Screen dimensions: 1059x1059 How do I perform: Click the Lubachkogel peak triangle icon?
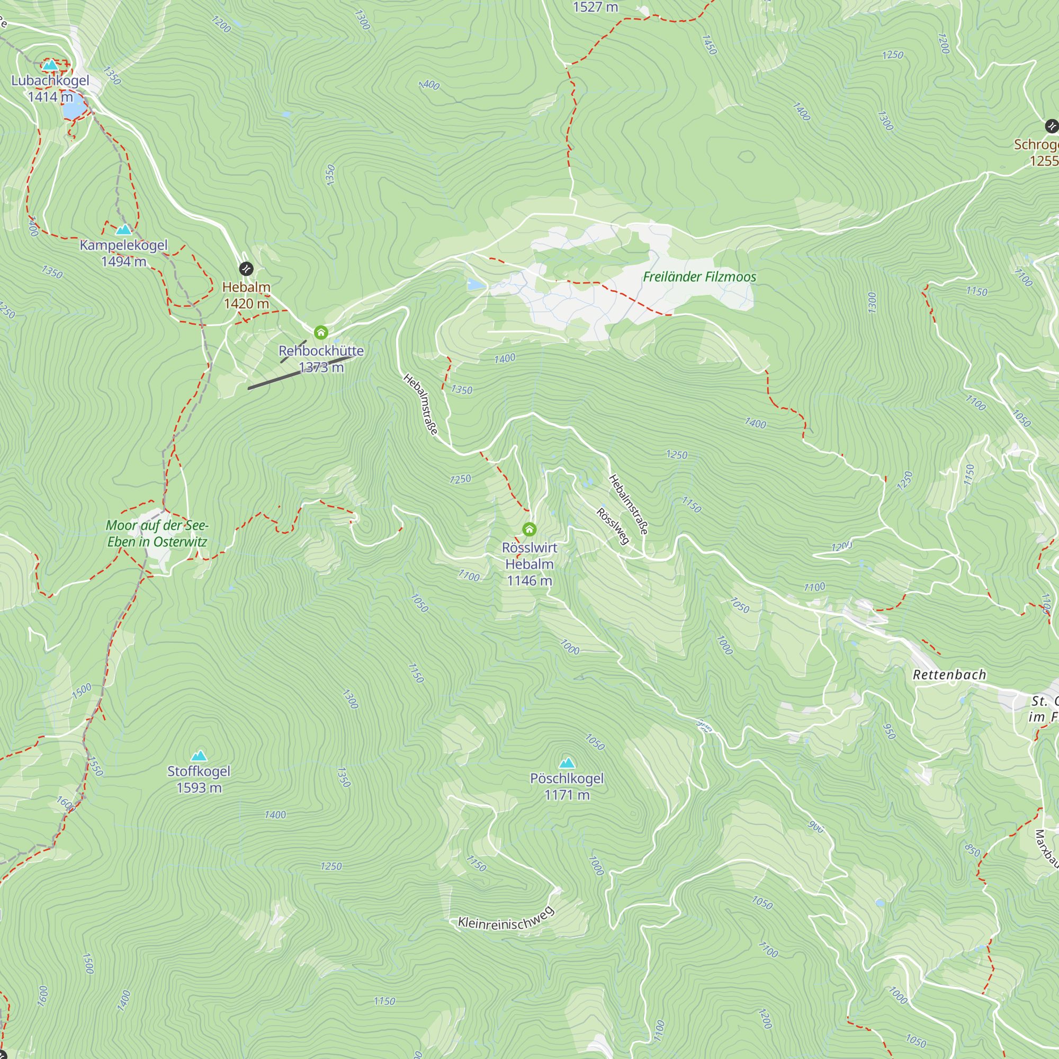point(50,65)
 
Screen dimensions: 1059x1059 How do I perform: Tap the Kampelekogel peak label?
point(123,245)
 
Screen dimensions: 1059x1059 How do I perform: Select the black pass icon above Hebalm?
point(246,268)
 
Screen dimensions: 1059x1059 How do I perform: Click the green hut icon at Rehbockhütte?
point(321,332)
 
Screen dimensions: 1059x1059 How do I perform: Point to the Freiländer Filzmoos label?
point(699,277)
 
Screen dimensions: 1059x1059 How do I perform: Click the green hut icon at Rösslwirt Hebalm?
point(529,529)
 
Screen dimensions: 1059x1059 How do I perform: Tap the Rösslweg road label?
point(613,526)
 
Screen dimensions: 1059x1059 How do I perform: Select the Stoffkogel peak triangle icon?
point(199,756)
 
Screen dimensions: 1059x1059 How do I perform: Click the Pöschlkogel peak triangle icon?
point(567,763)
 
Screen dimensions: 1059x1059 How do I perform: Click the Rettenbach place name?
point(949,675)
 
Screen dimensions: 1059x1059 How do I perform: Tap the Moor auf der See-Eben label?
point(157,533)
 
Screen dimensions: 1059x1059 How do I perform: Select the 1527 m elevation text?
point(595,7)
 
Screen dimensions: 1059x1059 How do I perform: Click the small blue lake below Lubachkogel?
point(74,109)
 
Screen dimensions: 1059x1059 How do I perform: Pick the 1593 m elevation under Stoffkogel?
point(199,788)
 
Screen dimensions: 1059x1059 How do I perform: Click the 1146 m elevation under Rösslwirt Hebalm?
point(529,580)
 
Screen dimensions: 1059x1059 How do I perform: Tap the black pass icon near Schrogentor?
point(1051,126)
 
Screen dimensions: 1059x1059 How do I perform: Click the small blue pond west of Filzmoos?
point(476,284)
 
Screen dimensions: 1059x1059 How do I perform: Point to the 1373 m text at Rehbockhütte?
point(321,367)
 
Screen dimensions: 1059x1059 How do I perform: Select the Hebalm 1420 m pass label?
point(246,295)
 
